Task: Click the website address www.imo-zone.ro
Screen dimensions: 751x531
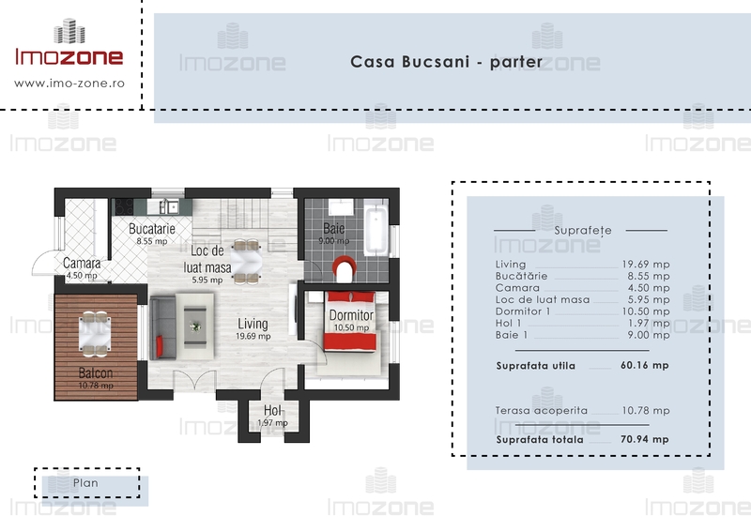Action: (x=69, y=83)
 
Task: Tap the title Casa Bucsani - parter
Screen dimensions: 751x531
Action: (x=447, y=62)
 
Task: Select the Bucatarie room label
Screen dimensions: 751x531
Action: (x=152, y=229)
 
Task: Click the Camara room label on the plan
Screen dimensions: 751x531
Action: (x=82, y=264)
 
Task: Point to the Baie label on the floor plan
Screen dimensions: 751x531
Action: (x=334, y=228)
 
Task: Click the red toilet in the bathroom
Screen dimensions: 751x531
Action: (x=345, y=268)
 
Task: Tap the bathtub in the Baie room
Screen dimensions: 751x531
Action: (x=375, y=231)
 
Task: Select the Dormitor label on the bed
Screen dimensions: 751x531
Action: (x=351, y=315)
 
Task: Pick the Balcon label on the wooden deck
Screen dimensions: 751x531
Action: (x=96, y=373)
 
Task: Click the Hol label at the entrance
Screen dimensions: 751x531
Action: (x=272, y=410)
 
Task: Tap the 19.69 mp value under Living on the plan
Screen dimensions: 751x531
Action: (x=253, y=336)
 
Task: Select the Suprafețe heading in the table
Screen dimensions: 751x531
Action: (x=583, y=230)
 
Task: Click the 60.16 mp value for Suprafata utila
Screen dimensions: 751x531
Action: (x=645, y=365)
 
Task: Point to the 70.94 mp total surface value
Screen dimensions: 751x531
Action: (x=645, y=439)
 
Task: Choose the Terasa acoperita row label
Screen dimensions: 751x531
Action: (x=542, y=410)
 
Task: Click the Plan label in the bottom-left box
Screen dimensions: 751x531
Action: (x=85, y=483)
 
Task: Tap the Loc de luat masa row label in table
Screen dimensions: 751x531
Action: (x=543, y=299)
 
